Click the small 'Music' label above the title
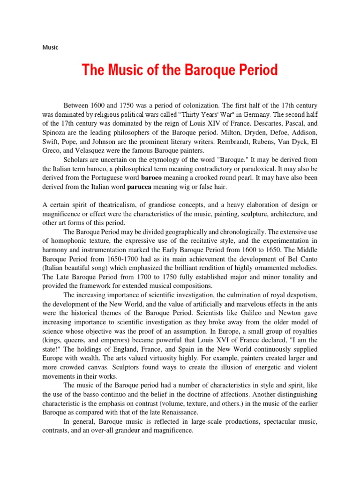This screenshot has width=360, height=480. (x=50, y=48)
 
